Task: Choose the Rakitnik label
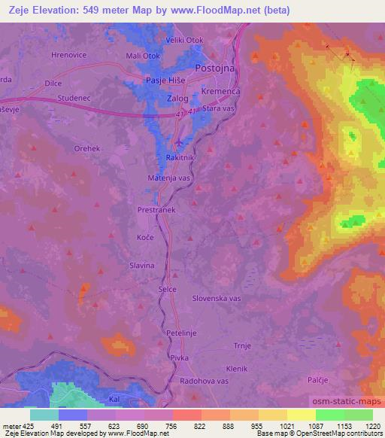pyautogui.click(x=180, y=158)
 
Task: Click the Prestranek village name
pyautogui.click(x=156, y=211)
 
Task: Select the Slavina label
pyautogui.click(x=142, y=266)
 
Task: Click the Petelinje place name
pyautogui.click(x=180, y=330)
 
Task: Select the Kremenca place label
pyautogui.click(x=220, y=90)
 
